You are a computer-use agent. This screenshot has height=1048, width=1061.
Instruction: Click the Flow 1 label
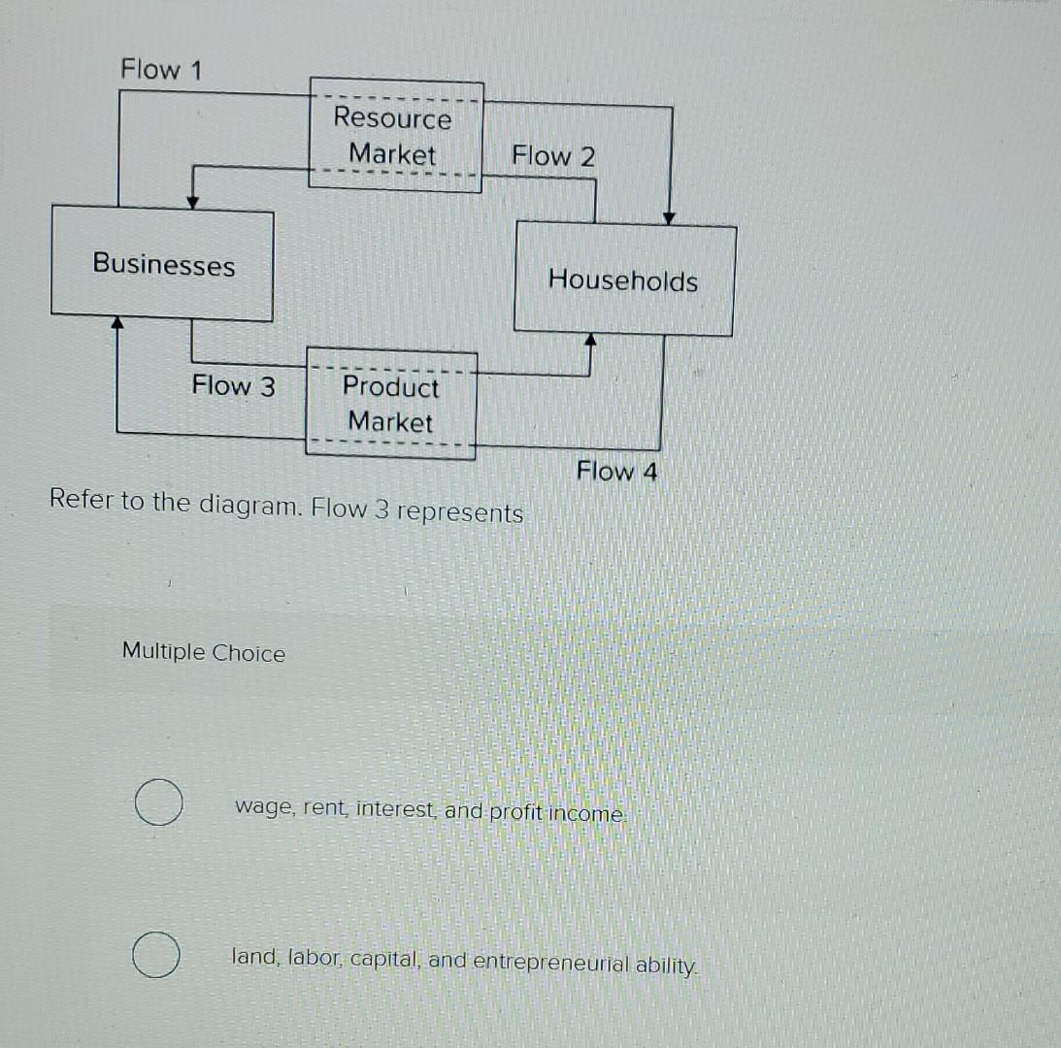(163, 70)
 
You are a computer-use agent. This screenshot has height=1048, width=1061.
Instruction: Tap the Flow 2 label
(553, 156)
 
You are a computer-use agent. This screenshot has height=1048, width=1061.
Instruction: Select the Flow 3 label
(233, 386)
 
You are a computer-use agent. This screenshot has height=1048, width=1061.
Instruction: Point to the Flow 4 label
(616, 472)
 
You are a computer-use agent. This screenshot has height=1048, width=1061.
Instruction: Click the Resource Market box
(394, 136)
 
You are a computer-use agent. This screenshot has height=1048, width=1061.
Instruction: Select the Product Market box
(391, 404)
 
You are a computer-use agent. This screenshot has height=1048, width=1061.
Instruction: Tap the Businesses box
(163, 264)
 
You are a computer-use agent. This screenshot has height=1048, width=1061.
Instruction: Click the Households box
(623, 280)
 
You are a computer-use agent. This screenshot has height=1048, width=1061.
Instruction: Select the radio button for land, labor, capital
(156, 956)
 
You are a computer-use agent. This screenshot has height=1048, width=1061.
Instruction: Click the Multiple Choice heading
(204, 653)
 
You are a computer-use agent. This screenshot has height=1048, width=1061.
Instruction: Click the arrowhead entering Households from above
(669, 218)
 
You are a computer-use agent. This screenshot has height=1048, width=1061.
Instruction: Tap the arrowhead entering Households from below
(589, 340)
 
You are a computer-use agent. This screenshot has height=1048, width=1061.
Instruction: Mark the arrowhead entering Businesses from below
(117, 321)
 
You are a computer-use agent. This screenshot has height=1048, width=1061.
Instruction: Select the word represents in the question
(460, 511)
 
